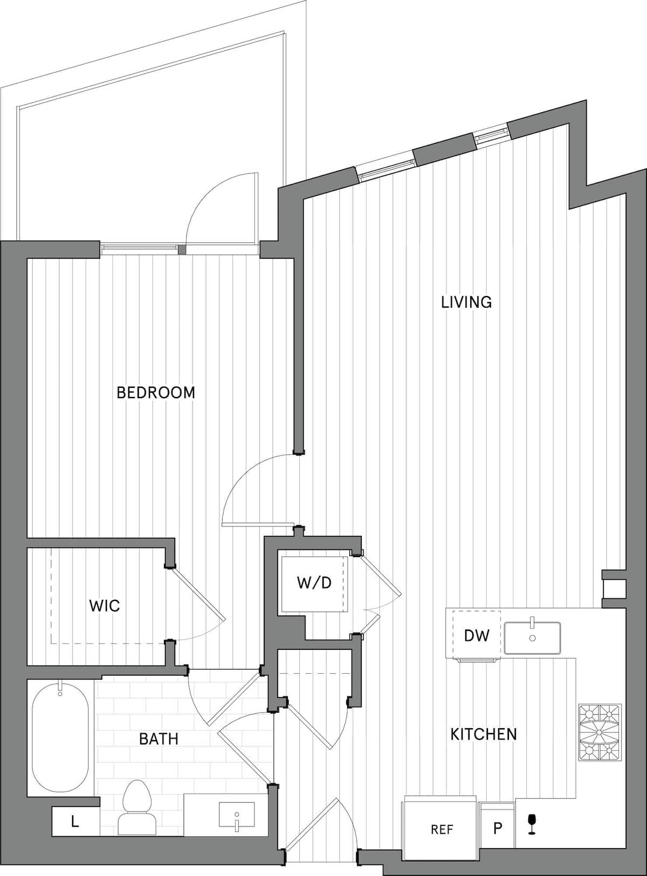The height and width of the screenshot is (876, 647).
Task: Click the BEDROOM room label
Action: point(156,392)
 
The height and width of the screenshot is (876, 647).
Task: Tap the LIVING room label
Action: point(466,302)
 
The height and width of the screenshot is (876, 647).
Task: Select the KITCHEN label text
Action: point(484,734)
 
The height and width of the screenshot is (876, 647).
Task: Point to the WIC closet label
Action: point(105,606)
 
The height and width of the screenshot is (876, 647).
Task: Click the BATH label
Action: point(159,738)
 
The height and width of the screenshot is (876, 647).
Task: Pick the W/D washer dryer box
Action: point(314,583)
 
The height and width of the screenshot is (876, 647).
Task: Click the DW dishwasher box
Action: point(477,635)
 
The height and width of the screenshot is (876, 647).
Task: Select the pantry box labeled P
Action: point(497,827)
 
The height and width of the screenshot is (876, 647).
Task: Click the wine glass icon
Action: point(532,824)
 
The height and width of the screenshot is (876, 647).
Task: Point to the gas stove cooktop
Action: point(600,732)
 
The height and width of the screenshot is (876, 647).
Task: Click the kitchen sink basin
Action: point(532,638)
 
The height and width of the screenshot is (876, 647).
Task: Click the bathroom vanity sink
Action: point(236,814)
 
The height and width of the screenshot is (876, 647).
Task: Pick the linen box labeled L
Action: point(75,821)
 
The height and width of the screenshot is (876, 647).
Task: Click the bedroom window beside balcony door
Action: point(139,249)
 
